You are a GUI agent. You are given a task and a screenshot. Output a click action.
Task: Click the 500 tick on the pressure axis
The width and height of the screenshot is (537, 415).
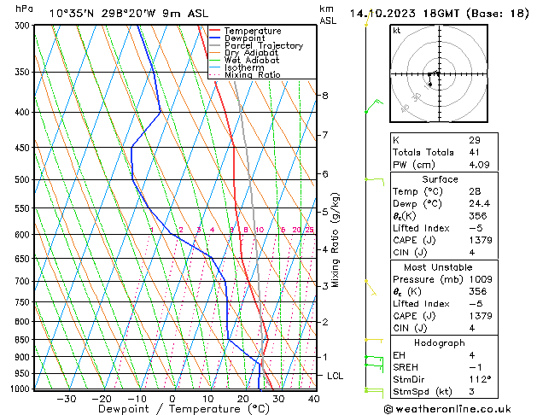tap(18, 180)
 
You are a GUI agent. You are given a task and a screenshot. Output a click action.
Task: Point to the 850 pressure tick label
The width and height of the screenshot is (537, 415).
tap(18, 340)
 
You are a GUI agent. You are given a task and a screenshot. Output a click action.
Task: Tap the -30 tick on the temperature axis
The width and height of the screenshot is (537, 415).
tap(66, 399)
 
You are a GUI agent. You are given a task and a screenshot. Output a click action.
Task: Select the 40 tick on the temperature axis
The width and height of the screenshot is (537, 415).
tap(313, 399)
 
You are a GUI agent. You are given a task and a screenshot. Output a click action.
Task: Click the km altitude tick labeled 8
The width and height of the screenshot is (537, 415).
tap(324, 96)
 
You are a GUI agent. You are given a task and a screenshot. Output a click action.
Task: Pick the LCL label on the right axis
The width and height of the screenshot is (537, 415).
tap(336, 376)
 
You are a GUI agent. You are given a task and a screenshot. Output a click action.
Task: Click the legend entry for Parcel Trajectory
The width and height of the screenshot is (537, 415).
tap(263, 45)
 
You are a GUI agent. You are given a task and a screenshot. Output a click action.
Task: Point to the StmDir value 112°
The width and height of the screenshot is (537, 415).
tap(480, 379)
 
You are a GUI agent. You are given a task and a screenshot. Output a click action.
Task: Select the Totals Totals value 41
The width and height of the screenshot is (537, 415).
tap(474, 152)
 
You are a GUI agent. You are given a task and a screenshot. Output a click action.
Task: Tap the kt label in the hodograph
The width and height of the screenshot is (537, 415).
tap(397, 31)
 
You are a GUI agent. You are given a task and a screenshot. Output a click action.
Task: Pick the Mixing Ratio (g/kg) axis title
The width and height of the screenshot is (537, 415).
tap(336, 239)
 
